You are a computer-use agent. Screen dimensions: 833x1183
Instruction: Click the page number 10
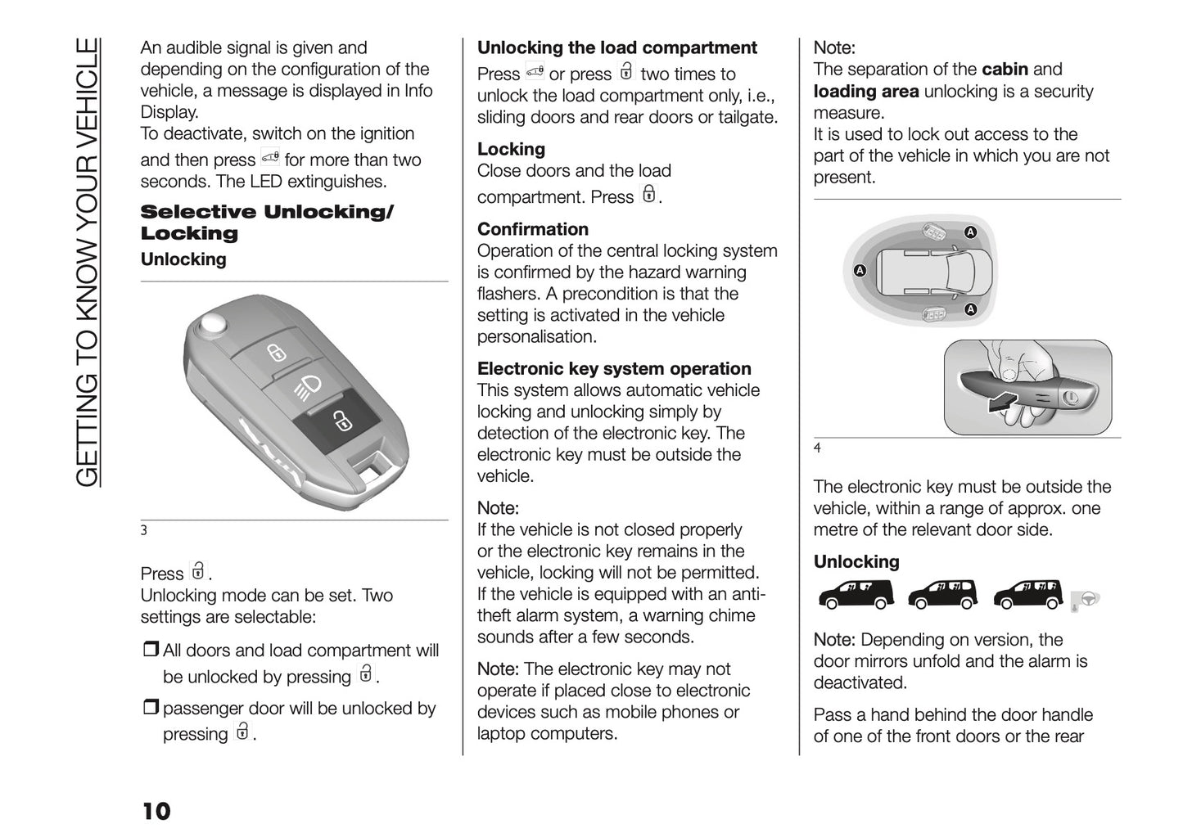(156, 811)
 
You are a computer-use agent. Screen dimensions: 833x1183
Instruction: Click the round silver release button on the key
(214, 322)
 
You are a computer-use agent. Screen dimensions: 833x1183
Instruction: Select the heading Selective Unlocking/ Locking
(267, 223)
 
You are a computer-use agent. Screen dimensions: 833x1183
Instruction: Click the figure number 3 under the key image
(144, 530)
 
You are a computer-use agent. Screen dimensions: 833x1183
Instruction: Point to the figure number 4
(817, 448)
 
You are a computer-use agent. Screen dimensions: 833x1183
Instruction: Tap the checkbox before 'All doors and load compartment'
(151, 651)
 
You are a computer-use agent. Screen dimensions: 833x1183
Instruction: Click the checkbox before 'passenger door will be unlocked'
(151, 709)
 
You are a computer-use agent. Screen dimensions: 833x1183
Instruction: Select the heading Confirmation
(533, 229)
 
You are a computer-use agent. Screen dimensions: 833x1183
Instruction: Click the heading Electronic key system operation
(614, 369)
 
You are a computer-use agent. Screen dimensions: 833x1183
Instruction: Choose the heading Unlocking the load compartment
(617, 47)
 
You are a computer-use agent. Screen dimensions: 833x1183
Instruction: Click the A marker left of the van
(860, 271)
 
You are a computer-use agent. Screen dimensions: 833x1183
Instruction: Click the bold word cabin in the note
(1005, 70)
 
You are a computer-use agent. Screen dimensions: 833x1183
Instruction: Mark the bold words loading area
(866, 91)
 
